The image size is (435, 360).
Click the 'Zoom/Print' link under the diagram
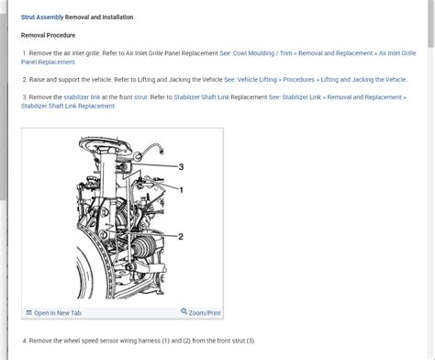(205, 312)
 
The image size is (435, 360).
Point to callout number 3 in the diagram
(181, 166)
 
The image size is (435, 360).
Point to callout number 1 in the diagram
(181, 189)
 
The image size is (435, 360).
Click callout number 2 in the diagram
(181, 236)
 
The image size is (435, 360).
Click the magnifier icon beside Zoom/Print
(184, 312)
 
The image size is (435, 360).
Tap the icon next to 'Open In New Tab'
(28, 312)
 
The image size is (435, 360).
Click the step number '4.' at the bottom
(24, 341)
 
